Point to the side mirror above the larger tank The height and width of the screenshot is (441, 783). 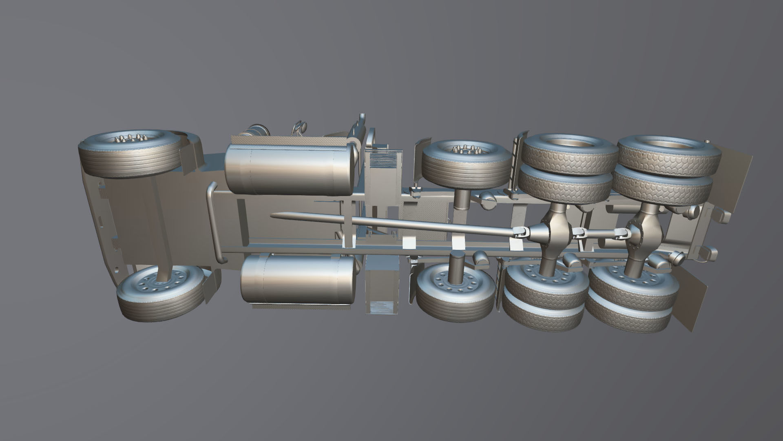[x=300, y=127]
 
